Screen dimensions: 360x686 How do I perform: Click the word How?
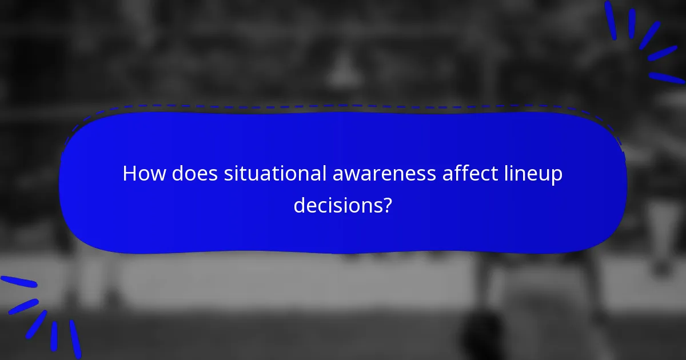pyautogui.click(x=140, y=174)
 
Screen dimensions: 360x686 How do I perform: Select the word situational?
pyautogui.click(x=275, y=174)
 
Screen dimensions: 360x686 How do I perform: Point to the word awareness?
pyautogui.click(x=384, y=174)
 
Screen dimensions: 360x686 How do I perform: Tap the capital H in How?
pyautogui.click(x=130, y=174)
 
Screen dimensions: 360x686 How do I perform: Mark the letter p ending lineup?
pyautogui.click(x=557, y=177)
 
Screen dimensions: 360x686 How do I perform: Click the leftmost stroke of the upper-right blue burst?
pyautogui.click(x=611, y=21)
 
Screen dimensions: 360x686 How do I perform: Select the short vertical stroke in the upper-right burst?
pyautogui.click(x=632, y=23)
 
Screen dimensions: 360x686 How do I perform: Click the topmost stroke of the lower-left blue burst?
pyautogui.click(x=19, y=282)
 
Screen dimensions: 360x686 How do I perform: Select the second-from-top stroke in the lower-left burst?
pyautogui.click(x=23, y=306)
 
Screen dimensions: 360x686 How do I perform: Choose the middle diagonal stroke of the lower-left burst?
pyautogui.click(x=37, y=323)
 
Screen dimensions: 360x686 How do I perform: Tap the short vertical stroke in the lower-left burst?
pyautogui.click(x=54, y=336)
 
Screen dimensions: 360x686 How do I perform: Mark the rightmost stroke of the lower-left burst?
pyautogui.click(x=75, y=339)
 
